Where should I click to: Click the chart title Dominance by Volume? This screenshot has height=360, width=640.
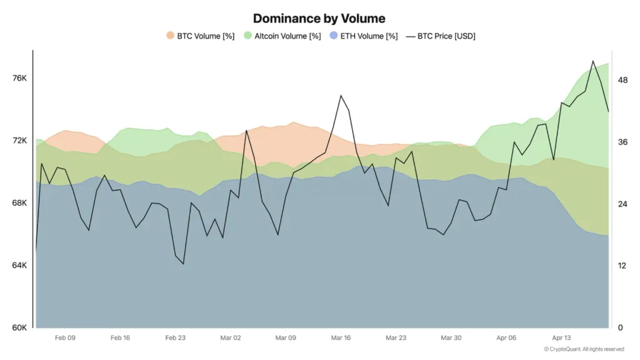(319, 18)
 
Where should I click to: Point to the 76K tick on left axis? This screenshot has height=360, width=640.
(20, 78)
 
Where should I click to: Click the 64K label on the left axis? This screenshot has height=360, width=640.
(20, 266)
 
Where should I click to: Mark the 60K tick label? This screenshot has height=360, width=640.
(20, 327)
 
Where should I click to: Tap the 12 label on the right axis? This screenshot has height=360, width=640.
(622, 266)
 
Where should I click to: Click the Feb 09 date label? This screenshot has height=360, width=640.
(65, 337)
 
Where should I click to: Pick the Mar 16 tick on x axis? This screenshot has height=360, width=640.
(341, 337)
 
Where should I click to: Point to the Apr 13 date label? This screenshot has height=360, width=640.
(561, 337)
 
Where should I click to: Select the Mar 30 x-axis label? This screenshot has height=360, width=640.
(451, 337)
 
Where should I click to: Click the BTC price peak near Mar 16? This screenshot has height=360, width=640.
(341, 96)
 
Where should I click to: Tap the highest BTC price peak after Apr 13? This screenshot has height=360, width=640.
(592, 61)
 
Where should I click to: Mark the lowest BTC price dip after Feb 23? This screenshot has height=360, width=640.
(183, 264)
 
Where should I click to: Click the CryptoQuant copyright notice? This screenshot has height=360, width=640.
(583, 349)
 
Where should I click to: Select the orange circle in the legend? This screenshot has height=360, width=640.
(170, 36)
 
